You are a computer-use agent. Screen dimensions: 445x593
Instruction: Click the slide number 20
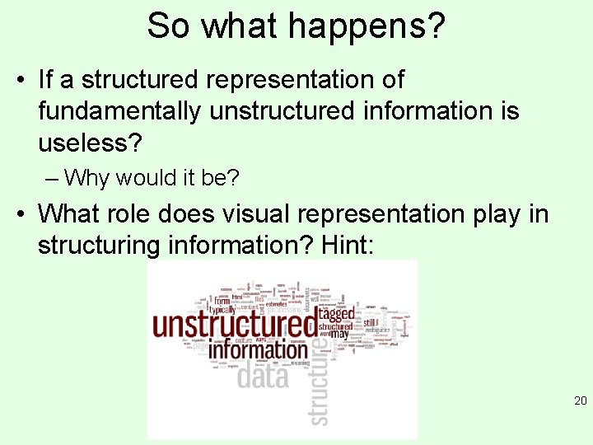point(580,401)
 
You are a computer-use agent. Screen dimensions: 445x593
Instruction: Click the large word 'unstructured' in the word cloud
point(236,324)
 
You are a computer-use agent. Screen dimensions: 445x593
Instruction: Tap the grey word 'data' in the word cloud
point(263,377)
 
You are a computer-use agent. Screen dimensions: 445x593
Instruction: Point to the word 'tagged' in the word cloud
point(336,313)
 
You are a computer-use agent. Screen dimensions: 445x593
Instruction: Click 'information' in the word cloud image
point(258,349)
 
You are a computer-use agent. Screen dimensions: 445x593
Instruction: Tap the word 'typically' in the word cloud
point(223,310)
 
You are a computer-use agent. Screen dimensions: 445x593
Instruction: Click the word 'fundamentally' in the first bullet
point(119,110)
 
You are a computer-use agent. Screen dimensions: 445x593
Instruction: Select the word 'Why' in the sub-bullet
point(86,177)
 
